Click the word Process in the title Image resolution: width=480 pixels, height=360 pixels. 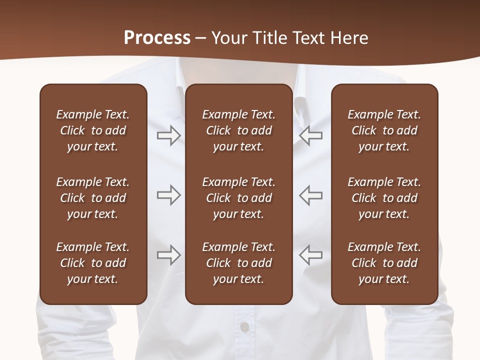pos(157,37)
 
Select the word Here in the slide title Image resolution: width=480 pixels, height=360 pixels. pos(349,37)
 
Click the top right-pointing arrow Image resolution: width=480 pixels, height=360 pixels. pos(168,135)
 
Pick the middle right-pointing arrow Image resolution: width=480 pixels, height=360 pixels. pos(168,195)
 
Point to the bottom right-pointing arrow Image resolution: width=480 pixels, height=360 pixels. pos(168,255)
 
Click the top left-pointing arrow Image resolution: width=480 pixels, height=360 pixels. pos(310,135)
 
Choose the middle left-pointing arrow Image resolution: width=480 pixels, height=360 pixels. pos(310,195)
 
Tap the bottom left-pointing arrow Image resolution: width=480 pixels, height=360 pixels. pos(310,255)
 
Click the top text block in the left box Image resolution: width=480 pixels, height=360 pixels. pos(93,130)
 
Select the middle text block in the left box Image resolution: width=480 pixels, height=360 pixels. pos(93,198)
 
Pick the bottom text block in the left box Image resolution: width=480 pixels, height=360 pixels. pos(93,263)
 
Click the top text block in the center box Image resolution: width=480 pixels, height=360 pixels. pos(238,130)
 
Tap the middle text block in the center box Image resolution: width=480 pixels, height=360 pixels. pos(238,198)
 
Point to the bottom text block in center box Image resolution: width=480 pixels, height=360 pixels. pos(238,263)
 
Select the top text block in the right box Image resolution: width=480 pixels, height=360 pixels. pos(384,130)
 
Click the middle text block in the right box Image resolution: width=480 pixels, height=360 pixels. pos(384,198)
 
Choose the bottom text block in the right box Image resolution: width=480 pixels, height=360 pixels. pos(384,263)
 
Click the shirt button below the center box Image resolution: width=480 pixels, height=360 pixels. pos(244,327)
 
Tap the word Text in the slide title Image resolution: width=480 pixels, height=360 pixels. pos(309,37)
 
